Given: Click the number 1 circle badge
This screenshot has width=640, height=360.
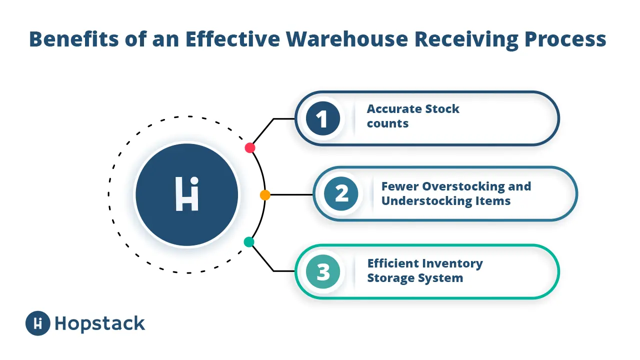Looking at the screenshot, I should (323, 119).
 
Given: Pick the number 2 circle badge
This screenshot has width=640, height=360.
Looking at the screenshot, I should (341, 193).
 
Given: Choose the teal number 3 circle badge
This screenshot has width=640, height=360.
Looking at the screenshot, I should (323, 271).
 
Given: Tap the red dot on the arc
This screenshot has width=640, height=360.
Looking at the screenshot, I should (250, 148).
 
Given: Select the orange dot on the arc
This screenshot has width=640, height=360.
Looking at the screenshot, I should (265, 195).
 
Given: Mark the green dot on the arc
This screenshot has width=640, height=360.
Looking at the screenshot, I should (249, 242).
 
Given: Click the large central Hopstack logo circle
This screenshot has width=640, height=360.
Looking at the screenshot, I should (187, 194).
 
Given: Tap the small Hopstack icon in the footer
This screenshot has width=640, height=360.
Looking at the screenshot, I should (38, 323).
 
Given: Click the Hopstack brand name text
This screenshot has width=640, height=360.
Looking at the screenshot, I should (100, 323).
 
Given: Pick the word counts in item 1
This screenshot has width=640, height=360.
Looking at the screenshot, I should (387, 123).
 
